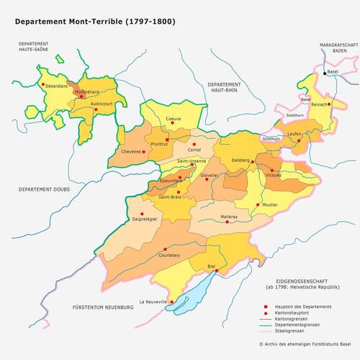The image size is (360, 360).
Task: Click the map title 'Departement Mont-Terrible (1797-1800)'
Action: pyautogui.click(x=94, y=22)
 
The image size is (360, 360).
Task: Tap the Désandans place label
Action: pyautogui.click(x=55, y=86)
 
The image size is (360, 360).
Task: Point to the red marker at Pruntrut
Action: pyautogui.click(x=167, y=140)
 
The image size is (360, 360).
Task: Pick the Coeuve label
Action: pyautogui.click(x=174, y=119)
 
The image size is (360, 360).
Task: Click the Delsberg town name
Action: pyautogui.click(x=240, y=159)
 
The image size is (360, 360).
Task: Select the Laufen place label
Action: pyautogui.click(x=293, y=135)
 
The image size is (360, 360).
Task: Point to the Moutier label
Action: pyautogui.click(x=270, y=205)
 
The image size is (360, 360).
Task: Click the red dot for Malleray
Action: pyautogui.click(x=228, y=222)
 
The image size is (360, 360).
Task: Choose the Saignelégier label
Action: pyautogui.click(x=144, y=218)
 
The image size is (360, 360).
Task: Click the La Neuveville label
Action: pyautogui.click(x=153, y=302)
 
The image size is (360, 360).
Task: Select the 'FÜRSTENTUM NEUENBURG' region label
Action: pyautogui.click(x=103, y=307)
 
